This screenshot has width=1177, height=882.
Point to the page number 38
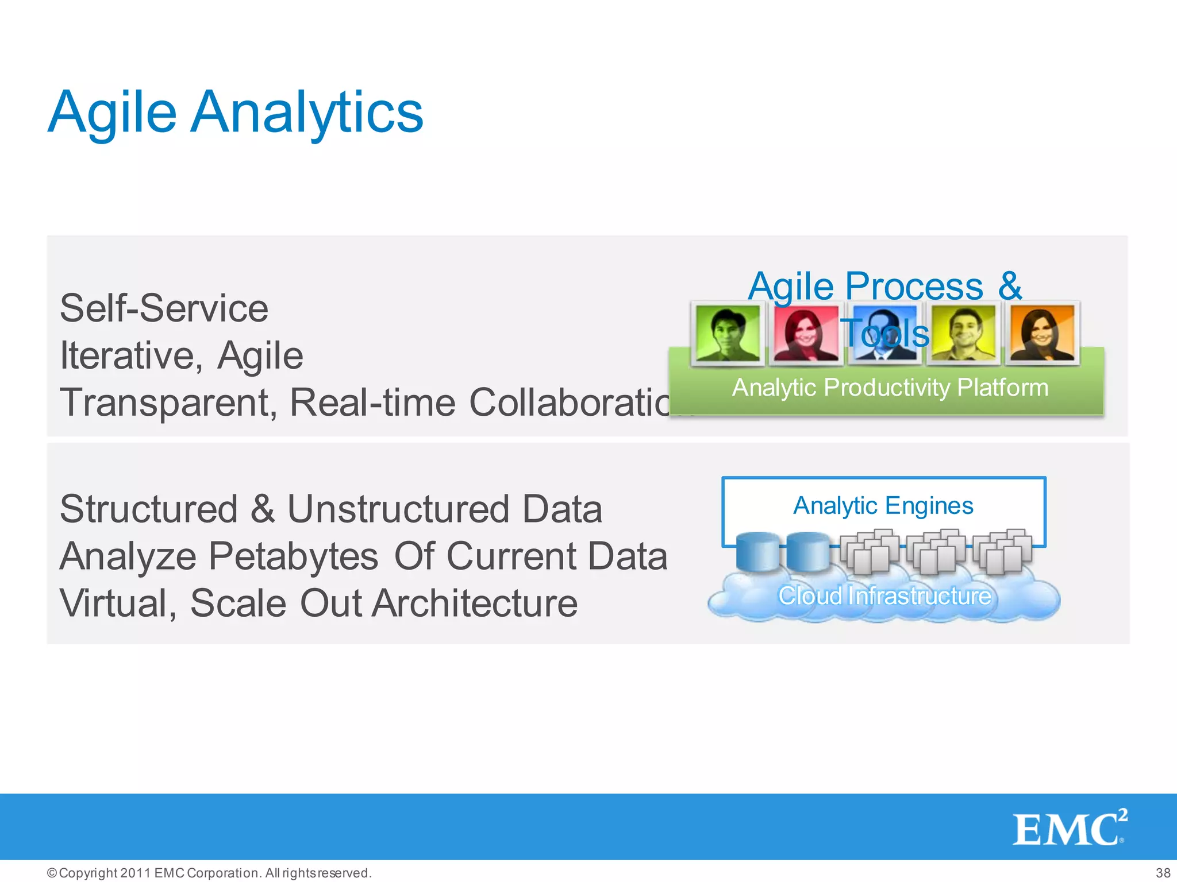1163,873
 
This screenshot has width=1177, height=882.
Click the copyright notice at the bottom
210,873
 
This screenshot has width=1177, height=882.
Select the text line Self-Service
164,308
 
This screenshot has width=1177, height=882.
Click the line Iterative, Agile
182,355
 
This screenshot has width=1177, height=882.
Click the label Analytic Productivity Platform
890,388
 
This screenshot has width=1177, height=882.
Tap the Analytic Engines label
883,505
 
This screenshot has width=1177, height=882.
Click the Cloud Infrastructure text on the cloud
884,595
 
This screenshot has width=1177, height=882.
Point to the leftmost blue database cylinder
757,551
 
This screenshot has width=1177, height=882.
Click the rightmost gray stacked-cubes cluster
1003,552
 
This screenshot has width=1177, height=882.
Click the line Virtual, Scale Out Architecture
319,603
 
